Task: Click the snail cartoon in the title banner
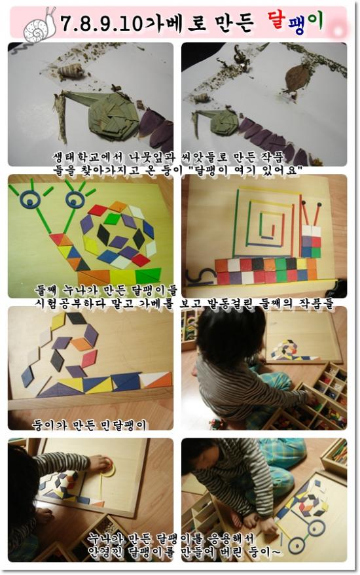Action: pos(40,26)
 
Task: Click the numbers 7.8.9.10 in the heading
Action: pos(101,24)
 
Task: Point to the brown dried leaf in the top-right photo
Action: pos(296,77)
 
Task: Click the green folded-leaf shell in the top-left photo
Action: pos(113,116)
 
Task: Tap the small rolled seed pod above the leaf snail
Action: pos(71,70)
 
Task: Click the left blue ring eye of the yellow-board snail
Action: pos(30,200)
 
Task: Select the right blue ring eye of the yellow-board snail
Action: pos(75,200)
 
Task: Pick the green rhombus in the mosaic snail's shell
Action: pos(112,219)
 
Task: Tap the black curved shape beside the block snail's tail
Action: pos(201,277)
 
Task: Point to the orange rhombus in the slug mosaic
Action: pos(81,344)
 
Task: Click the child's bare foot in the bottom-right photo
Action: pos(252,520)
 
